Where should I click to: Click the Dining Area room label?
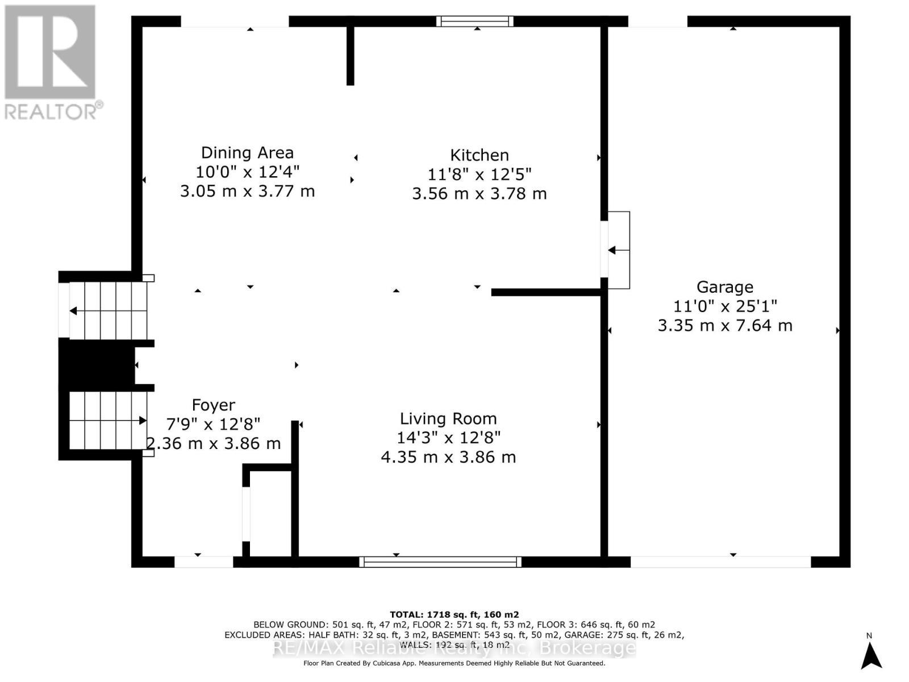pos(247,152)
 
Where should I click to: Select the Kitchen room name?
pos(479,155)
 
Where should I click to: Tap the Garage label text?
pos(725,287)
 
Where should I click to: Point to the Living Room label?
pos(448,419)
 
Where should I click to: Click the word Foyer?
pos(214,405)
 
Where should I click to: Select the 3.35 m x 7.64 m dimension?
pos(725,326)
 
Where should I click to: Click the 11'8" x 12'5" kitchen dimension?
pos(479,174)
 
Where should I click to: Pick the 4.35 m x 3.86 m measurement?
pos(448,457)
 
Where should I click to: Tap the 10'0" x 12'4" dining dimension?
pos(247,172)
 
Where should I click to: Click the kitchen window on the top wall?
pos(475,22)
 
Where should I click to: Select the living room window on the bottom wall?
pos(440,562)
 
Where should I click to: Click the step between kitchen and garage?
pos(619,250)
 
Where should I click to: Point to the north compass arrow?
pos(870,655)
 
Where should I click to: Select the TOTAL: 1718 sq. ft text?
pos(454,614)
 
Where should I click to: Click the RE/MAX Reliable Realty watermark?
pos(454,647)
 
